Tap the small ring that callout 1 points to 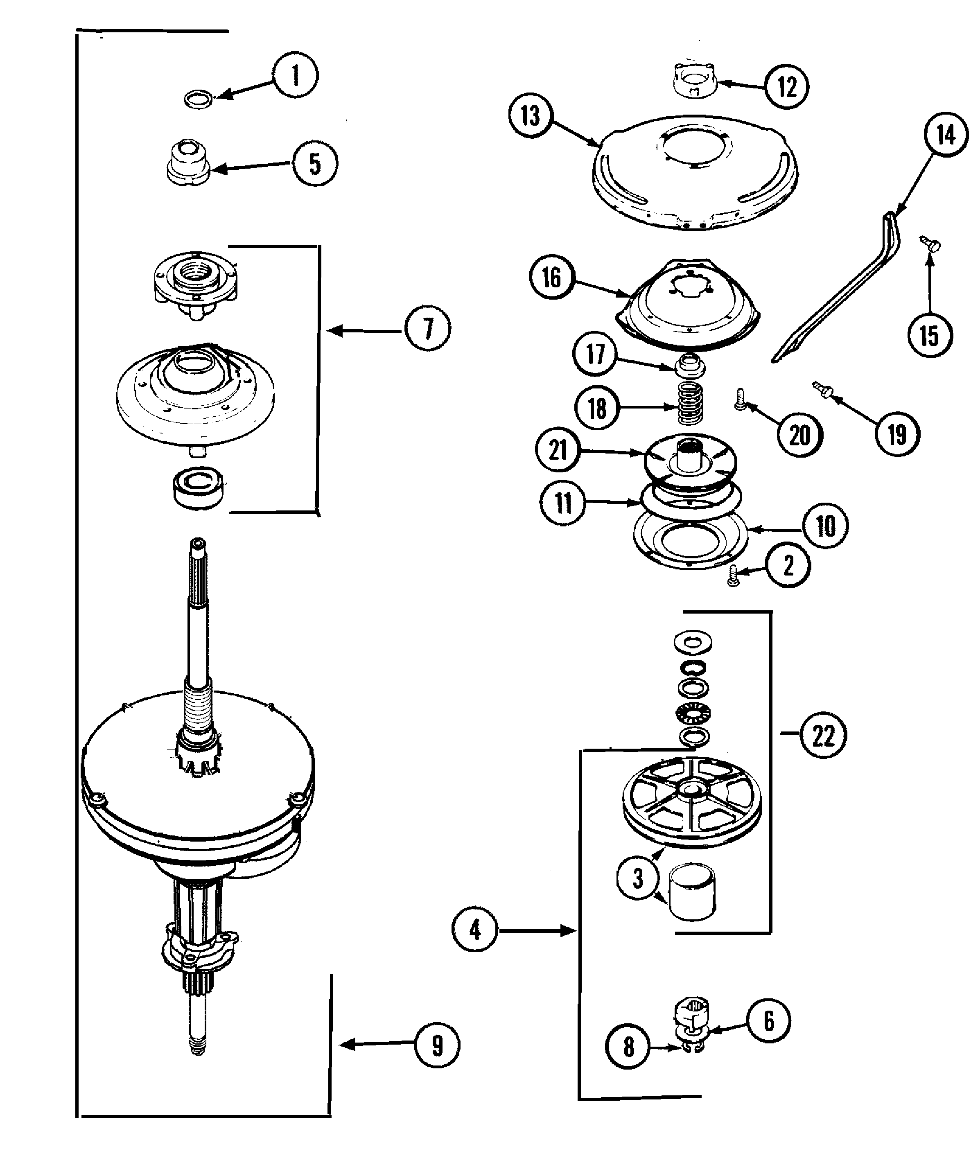(x=199, y=100)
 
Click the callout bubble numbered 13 (x=530, y=116)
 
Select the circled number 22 (x=823, y=736)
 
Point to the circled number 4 (x=475, y=930)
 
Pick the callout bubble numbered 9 (x=437, y=1045)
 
